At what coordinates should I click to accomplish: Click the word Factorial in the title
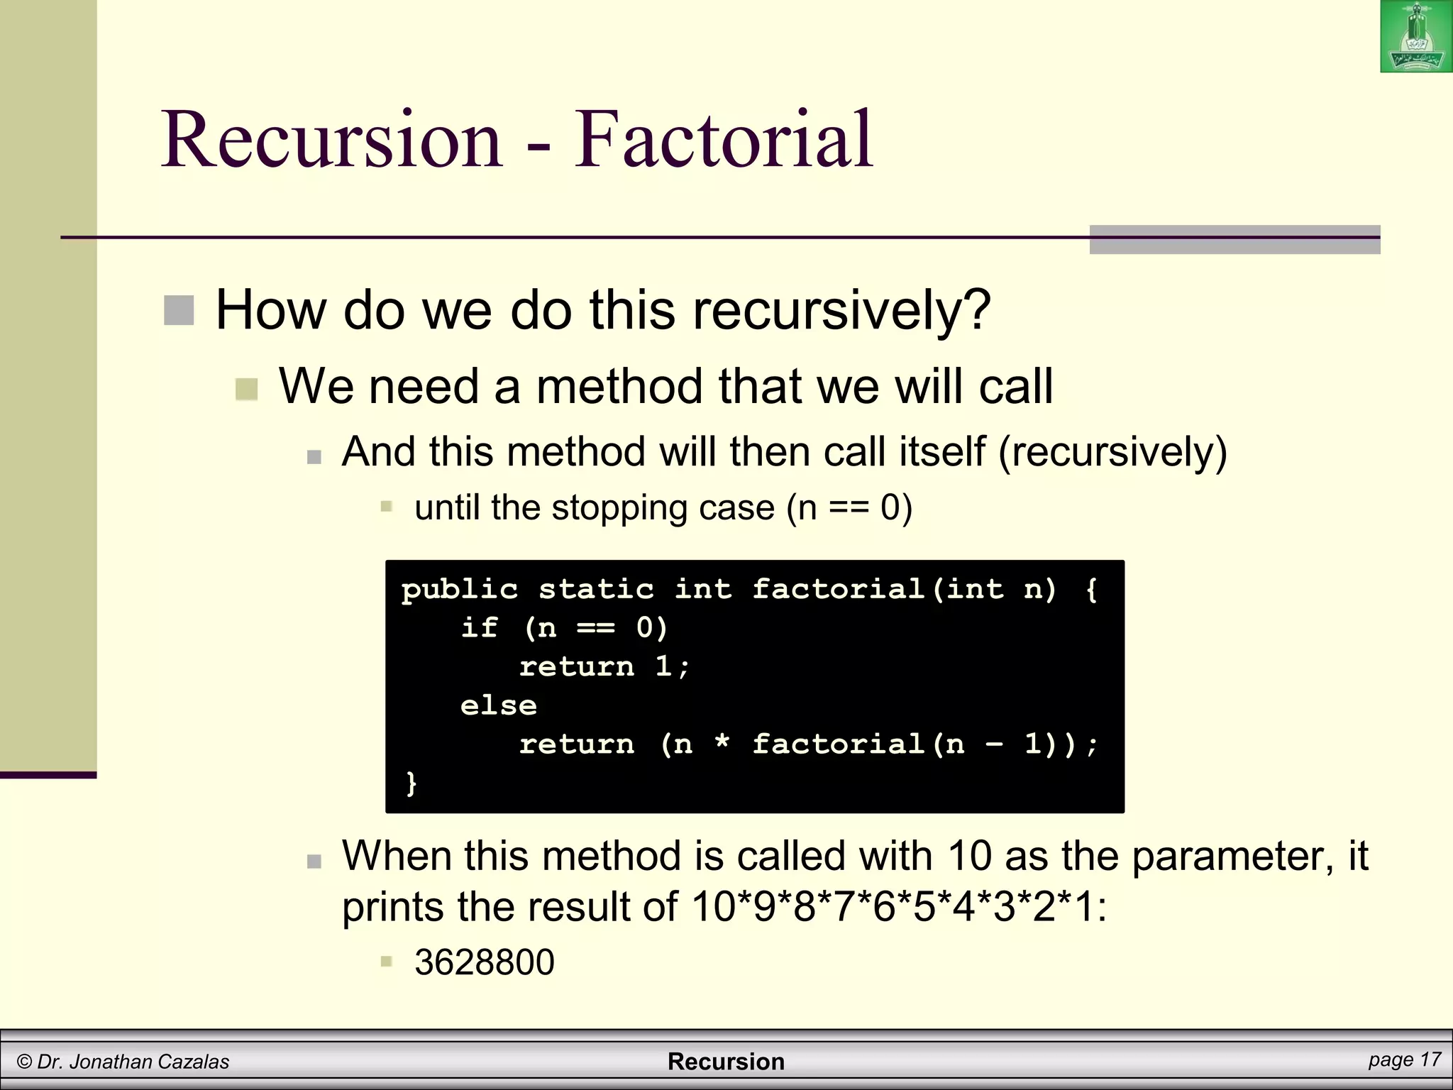[723, 139]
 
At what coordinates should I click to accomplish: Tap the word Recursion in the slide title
[332, 139]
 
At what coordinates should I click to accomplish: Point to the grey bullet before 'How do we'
[179, 311]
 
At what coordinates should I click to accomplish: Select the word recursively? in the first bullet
[841, 311]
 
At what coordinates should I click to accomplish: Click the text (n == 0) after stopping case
[849, 507]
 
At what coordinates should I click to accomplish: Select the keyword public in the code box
[460, 589]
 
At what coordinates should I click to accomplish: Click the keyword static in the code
[596, 589]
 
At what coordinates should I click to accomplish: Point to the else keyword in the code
[498, 705]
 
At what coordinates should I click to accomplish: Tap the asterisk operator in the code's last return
[722, 743]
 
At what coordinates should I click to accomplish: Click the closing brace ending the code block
[411, 783]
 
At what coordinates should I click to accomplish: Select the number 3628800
[484, 962]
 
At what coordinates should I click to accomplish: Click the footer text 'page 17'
[1404, 1059]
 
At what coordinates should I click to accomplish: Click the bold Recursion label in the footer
[726, 1062]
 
